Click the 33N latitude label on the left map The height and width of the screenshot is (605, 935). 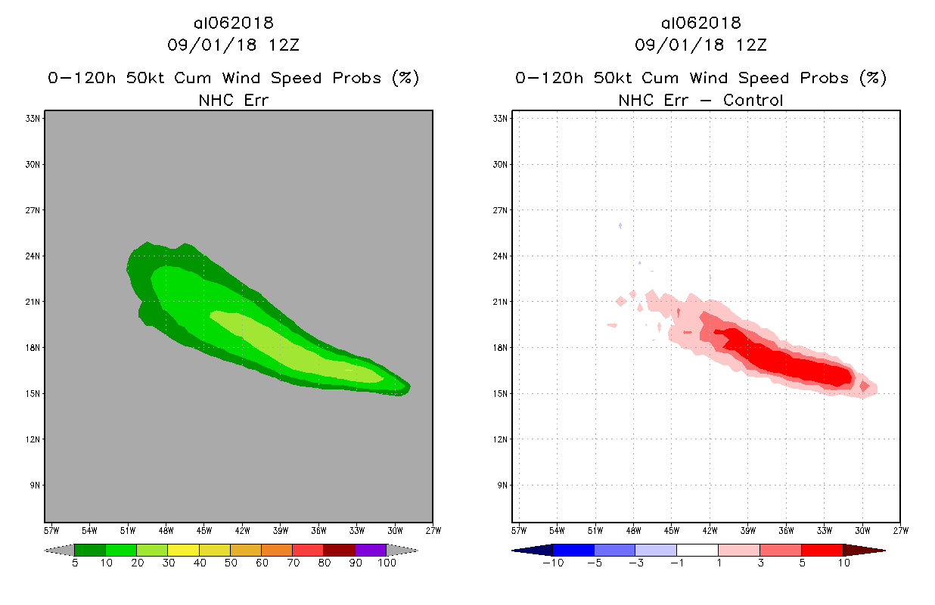(34, 118)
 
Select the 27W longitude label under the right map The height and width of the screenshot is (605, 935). (900, 529)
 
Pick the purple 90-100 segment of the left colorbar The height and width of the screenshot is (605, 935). (371, 550)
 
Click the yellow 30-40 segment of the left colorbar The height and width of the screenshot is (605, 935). (183, 550)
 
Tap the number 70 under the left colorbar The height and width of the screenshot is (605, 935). (293, 563)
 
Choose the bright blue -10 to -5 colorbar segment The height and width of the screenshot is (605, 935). (573, 550)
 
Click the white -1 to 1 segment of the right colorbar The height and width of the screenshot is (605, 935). (697, 550)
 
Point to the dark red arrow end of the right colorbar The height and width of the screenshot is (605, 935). (863, 550)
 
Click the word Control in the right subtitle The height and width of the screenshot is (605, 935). (753, 100)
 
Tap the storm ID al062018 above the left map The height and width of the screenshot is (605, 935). (233, 23)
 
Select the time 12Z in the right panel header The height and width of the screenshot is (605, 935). (751, 45)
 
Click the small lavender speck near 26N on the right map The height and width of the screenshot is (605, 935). (620, 225)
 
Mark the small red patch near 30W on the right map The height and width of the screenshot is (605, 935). (864, 386)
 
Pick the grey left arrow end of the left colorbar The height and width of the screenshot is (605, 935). (60, 550)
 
